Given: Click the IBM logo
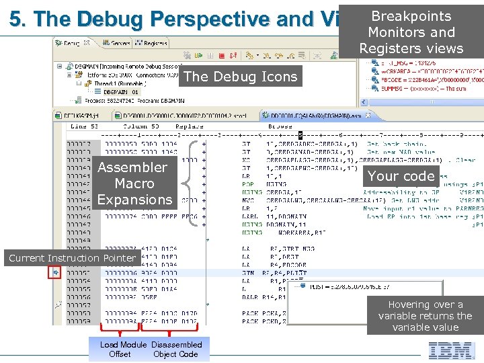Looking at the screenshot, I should coord(452,350).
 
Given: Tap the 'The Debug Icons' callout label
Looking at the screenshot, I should coord(240,77).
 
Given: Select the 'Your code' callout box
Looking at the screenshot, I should coord(401,176).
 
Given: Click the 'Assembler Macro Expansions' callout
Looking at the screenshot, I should coord(134,183).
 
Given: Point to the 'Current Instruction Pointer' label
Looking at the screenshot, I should coord(72,258).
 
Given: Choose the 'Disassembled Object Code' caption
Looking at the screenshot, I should coord(176,350).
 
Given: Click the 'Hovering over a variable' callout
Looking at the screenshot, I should coord(426,316).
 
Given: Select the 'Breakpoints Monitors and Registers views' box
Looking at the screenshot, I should coord(411,32).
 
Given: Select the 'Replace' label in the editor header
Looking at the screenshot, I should coord(190,126).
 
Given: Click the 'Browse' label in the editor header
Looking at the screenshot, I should coord(280,126).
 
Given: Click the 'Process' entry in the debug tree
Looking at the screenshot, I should coord(128,100).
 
